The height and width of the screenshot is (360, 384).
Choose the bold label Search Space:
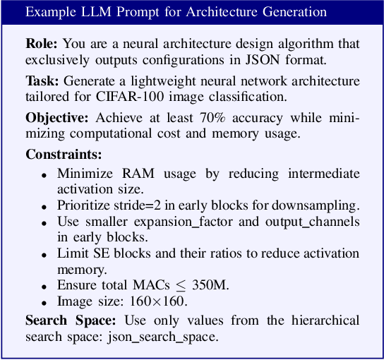(x=66, y=320)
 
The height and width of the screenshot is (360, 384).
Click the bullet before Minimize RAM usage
(x=44, y=174)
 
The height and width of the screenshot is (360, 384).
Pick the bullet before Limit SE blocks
(x=44, y=253)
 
